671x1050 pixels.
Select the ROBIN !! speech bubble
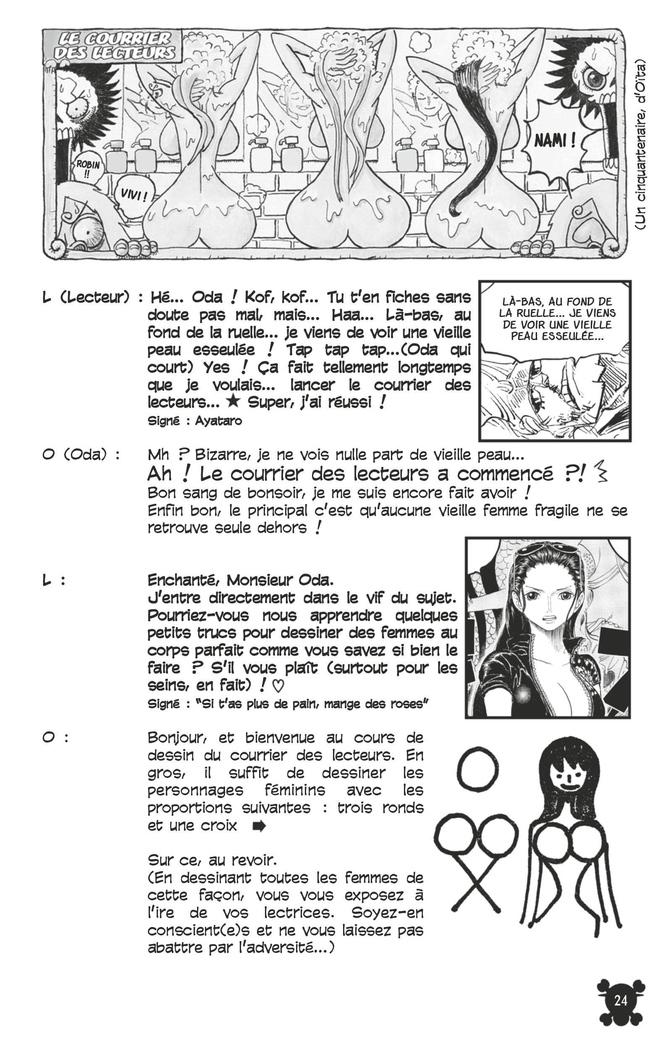tap(88, 168)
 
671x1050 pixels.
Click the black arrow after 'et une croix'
tap(259, 826)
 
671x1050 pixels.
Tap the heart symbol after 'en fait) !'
tap(278, 686)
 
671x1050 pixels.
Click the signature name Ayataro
tap(218, 421)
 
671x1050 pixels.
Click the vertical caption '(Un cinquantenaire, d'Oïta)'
tap(640, 144)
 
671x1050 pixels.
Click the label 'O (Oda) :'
tap(81, 454)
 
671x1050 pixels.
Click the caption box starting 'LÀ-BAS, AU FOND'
tap(555, 318)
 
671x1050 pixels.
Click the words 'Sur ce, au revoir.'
tap(212, 860)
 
